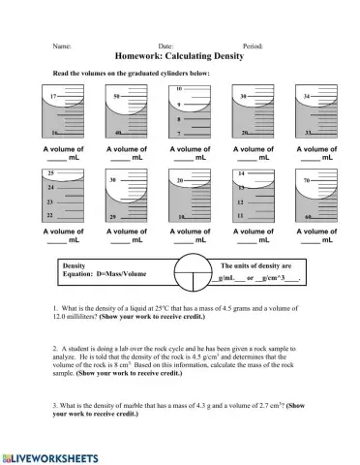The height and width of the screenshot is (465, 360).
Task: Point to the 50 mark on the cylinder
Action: [x=117, y=97]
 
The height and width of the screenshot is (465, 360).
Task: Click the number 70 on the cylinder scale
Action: [x=307, y=180]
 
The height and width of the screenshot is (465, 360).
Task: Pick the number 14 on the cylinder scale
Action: [x=240, y=172]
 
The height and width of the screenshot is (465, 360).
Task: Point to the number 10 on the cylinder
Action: [x=179, y=88]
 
